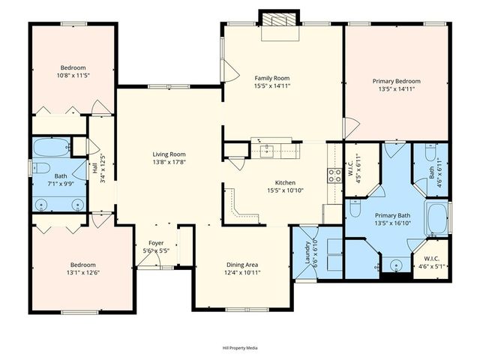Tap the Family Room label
coord(271,78)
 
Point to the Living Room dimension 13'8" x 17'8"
coord(169,162)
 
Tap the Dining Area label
coord(242,265)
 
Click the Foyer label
coord(156,243)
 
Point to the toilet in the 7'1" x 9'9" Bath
coord(40,168)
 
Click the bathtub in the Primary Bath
coord(436,217)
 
